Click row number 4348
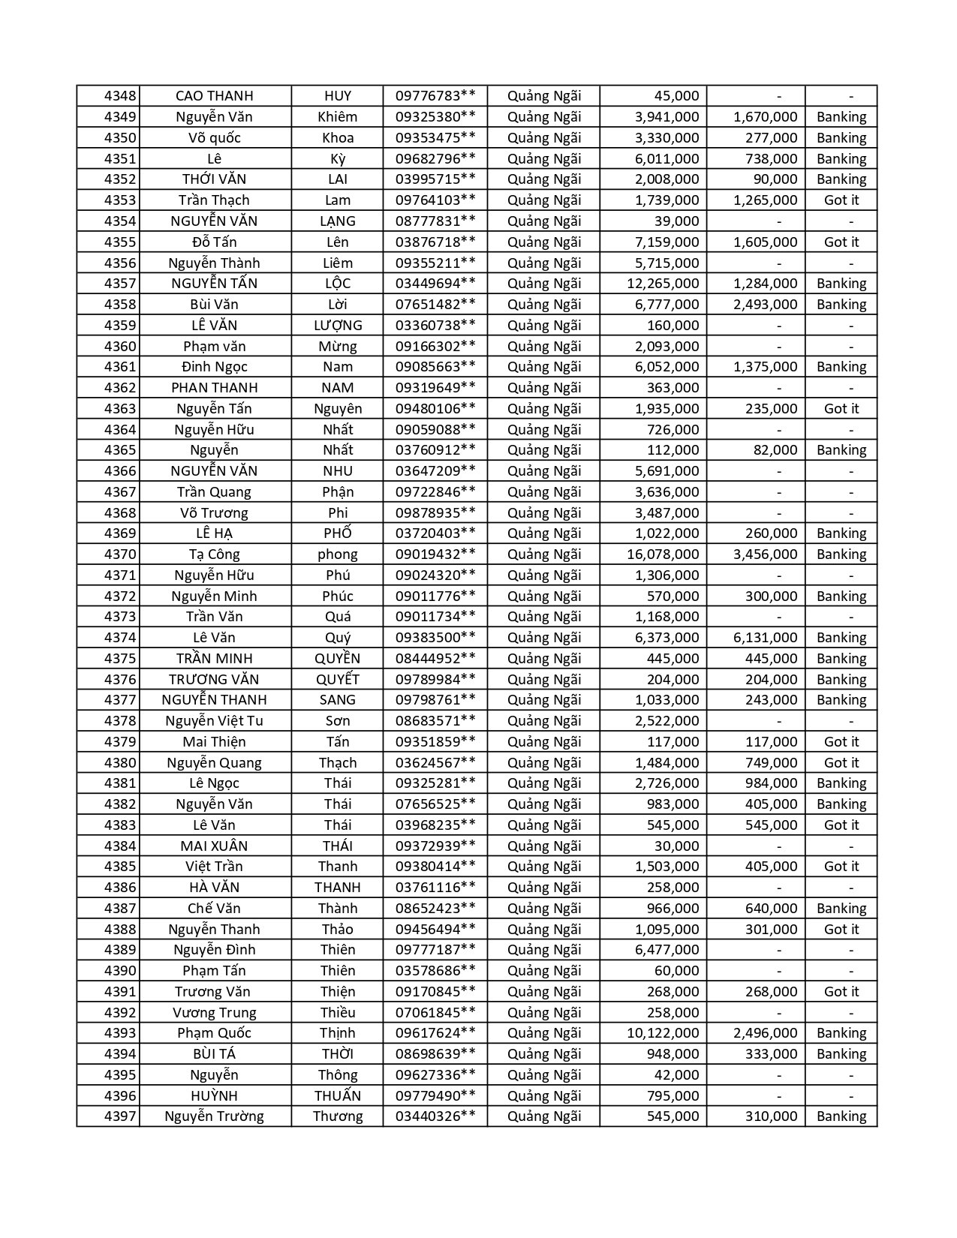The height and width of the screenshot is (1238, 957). pyautogui.click(x=120, y=96)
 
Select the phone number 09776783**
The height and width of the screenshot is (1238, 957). pyautogui.click(x=435, y=96)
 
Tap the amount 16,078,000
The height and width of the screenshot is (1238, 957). pyautogui.click(x=663, y=554)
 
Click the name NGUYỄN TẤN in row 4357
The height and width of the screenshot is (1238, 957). pyautogui.click(x=214, y=284)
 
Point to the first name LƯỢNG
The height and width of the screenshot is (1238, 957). pyautogui.click(x=338, y=326)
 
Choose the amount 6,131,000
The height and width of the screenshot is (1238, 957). pyautogui.click(x=765, y=638)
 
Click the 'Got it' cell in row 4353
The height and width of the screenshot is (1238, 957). pyautogui.click(x=841, y=200)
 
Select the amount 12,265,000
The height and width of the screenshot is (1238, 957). pyautogui.click(x=663, y=284)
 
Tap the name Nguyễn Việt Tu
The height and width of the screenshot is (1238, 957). pyautogui.click(x=214, y=721)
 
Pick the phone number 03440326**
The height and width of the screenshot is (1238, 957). pyautogui.click(x=435, y=1116)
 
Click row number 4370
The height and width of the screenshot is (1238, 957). pyautogui.click(x=120, y=554)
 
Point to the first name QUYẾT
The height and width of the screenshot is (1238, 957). pyautogui.click(x=338, y=680)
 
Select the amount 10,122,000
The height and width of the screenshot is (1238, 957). pyautogui.click(x=663, y=1033)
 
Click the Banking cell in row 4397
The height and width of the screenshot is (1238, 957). pyautogui.click(x=841, y=1116)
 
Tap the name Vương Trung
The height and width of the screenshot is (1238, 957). pyautogui.click(x=214, y=1013)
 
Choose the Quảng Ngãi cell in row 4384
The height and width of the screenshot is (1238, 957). pyautogui.click(x=544, y=846)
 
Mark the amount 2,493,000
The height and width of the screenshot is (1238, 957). pyautogui.click(x=765, y=305)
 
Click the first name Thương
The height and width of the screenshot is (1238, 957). pyautogui.click(x=338, y=1116)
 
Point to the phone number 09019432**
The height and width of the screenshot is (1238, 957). pyautogui.click(x=435, y=554)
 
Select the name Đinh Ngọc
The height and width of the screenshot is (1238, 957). pyautogui.click(x=214, y=367)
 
